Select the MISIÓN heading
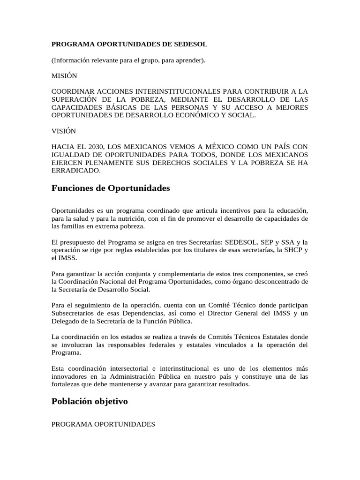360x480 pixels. [x=64, y=75]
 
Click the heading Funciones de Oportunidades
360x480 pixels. [x=111, y=188]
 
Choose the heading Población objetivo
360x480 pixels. [x=90, y=402]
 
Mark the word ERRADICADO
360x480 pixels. [x=75, y=171]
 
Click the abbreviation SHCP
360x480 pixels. [x=294, y=250]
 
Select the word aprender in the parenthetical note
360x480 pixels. [x=190, y=60]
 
